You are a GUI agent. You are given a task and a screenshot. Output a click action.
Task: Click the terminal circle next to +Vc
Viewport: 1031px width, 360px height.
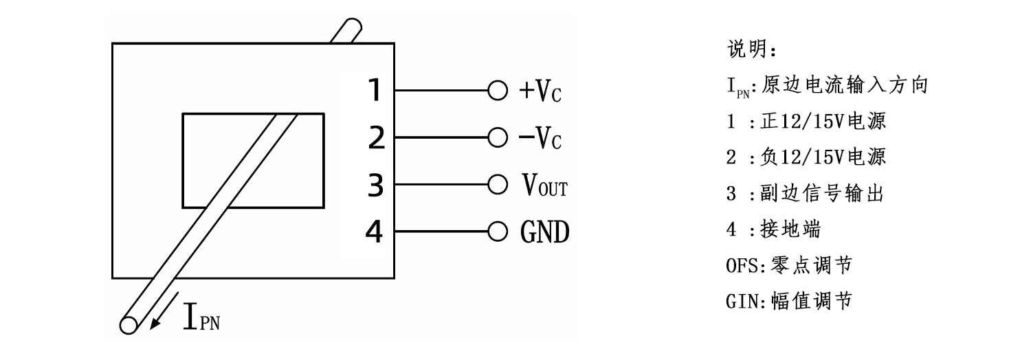(x=496, y=91)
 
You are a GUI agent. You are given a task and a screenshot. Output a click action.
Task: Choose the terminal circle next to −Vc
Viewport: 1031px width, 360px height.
(x=496, y=137)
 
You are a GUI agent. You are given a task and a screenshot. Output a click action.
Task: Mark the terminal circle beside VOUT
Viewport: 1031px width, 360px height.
(x=496, y=185)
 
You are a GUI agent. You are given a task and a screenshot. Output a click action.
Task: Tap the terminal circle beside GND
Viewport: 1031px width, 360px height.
(x=496, y=232)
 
